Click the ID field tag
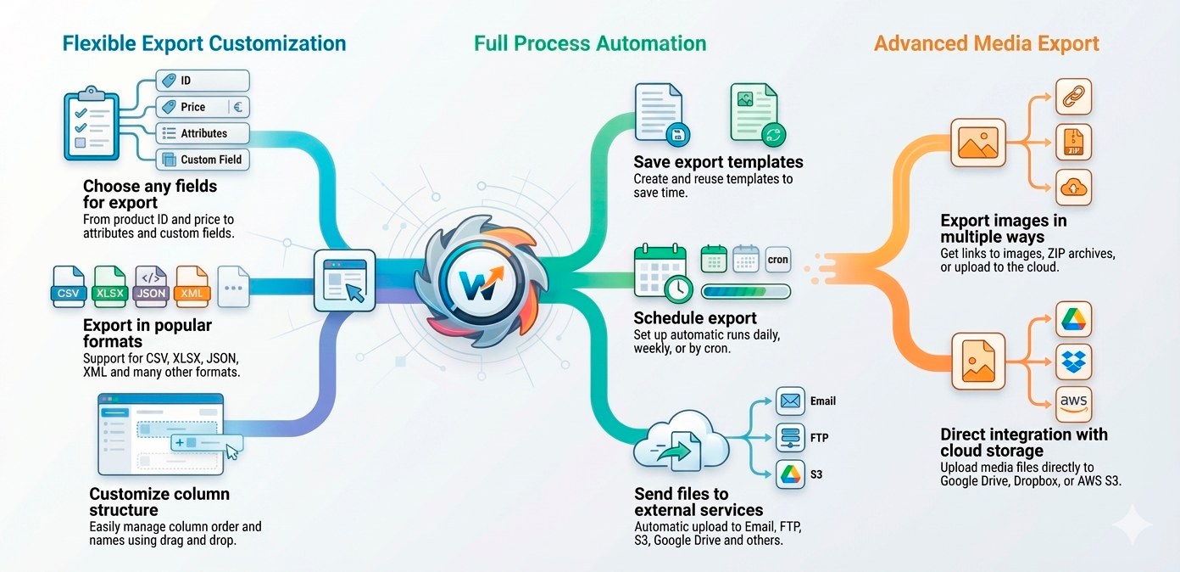[x=203, y=81]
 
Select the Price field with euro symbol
[x=203, y=107]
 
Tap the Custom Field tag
[x=203, y=159]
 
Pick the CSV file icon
[x=69, y=286]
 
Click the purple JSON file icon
[x=151, y=286]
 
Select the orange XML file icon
[x=192, y=286]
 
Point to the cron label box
[x=777, y=260]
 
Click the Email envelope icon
[x=790, y=401]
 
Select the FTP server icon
[x=790, y=438]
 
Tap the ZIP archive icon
[x=1073, y=142]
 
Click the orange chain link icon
[x=1073, y=97]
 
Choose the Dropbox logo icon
[x=1073, y=362]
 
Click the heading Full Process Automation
[x=590, y=43]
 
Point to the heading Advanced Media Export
[x=987, y=43]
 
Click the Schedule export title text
[x=695, y=318]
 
